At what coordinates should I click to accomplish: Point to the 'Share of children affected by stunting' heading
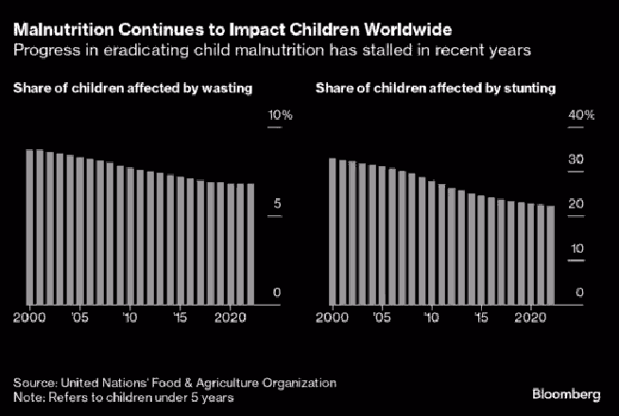click(435, 89)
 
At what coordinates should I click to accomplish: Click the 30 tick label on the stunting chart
click(576, 160)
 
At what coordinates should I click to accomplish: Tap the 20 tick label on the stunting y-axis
click(576, 205)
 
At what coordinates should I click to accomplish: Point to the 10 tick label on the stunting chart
click(576, 249)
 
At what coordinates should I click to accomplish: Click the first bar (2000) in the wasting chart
click(29, 227)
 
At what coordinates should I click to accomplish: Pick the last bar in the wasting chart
click(250, 244)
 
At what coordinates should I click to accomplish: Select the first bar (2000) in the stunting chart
click(332, 232)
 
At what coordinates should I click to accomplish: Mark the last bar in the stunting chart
click(551, 256)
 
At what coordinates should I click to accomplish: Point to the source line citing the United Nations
click(174, 383)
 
